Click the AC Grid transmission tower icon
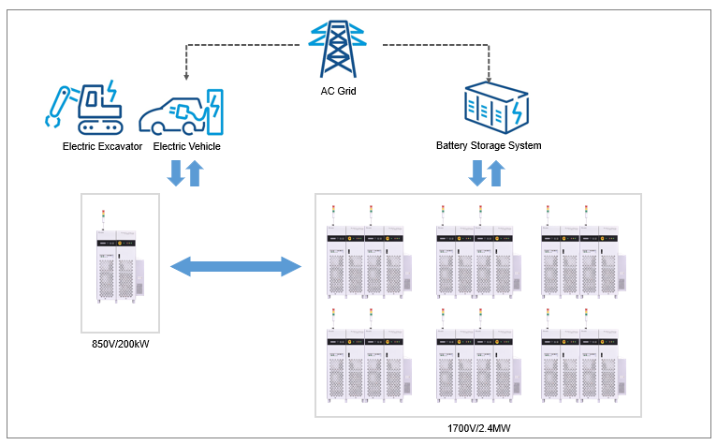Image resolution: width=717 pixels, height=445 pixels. coord(338,48)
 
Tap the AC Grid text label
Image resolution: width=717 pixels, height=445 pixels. coord(338,91)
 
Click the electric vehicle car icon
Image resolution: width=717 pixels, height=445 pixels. coord(173,115)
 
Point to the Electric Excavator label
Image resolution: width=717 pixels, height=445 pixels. coord(102,146)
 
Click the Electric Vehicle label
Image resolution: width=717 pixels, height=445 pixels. coord(186,146)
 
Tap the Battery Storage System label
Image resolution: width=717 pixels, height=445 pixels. coord(489,146)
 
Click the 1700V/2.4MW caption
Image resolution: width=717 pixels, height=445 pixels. coord(479,428)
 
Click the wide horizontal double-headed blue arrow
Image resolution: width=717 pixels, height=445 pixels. coord(236,268)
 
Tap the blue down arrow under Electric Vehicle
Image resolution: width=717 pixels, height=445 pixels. coord(175,172)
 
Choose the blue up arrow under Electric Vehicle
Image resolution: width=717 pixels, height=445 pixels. coord(195,173)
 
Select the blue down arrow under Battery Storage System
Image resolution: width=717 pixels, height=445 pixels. coord(476,172)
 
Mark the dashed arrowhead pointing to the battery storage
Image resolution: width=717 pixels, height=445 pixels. coord(490,77)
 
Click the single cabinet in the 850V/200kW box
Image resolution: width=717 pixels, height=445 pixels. coord(118,266)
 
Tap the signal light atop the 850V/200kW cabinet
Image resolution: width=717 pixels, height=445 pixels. coord(104,215)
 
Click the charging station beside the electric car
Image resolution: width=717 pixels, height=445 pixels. coord(215,111)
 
